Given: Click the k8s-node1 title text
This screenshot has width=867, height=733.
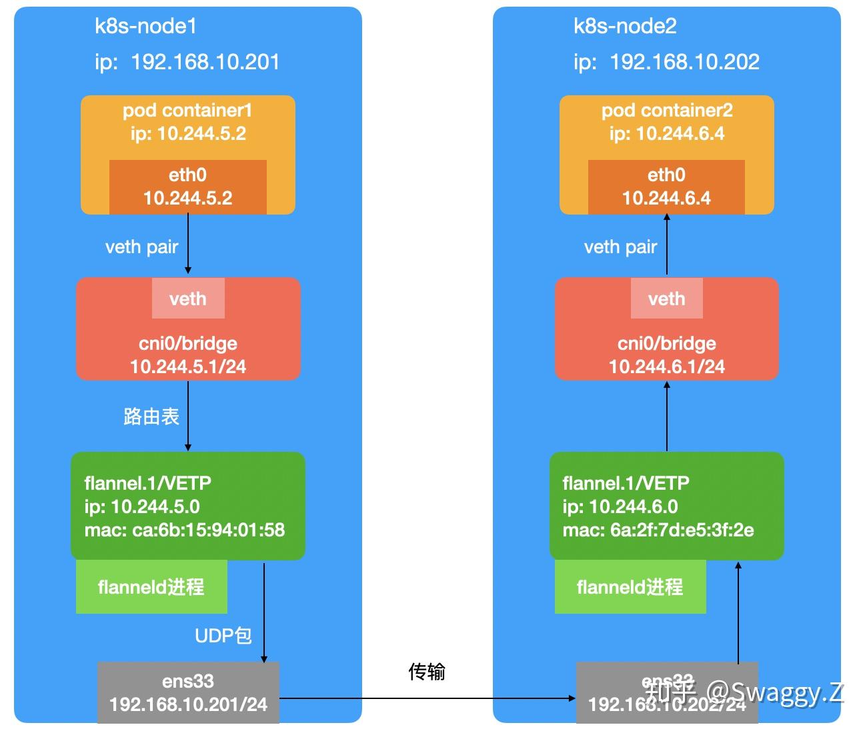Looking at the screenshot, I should pos(145,27).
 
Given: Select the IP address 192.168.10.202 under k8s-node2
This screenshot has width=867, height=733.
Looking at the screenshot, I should pos(684,62).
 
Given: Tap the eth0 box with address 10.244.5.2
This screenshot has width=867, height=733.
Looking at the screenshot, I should pos(188,187).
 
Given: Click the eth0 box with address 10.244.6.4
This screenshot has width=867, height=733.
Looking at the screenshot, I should pos(666,187).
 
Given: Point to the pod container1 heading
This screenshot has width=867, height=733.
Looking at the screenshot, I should pos(187,111).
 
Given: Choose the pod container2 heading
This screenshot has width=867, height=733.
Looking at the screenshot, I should pos(666,111).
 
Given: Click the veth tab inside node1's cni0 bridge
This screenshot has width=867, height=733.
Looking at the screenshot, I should pos(188,299).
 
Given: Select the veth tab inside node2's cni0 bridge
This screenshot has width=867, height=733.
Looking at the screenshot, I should pos(666,299).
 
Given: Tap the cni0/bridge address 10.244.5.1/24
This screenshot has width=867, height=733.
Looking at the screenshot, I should pos(188,366).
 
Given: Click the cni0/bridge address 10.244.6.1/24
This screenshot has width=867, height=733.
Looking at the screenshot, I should pos(666,366).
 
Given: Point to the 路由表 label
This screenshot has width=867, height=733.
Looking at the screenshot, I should pos(151,417).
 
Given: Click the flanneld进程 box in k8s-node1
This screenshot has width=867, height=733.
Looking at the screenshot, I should pos(151,587).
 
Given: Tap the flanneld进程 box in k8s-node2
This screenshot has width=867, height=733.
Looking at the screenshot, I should pos(630,587).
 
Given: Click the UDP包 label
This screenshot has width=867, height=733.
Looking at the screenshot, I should pos(223,636).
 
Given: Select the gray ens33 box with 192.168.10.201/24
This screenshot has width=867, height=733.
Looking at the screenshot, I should pos(188,693).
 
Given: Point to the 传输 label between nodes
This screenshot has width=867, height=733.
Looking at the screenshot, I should pos(427,672).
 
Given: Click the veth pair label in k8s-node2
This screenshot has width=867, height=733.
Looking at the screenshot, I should pos(620,247).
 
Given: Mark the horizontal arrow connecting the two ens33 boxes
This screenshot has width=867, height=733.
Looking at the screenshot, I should pos(427,698).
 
